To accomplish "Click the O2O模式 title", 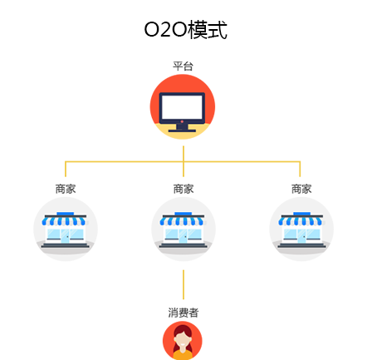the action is pos(185,30).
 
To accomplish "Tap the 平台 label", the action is pos(183,67).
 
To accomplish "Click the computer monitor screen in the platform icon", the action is pos(182,106).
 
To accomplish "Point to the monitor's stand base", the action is pos(182,131).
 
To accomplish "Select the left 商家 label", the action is pos(66,189).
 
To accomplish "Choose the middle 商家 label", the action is pos(183,189).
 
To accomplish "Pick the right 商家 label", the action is pos(301,189).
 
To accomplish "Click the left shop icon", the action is pos(66,229).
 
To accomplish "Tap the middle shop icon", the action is pos(183,229).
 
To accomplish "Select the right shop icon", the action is pos(301,229).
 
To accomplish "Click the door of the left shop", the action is pos(65,236).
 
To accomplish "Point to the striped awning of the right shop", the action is pos(301,221).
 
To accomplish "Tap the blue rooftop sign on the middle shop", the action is pos(183,214).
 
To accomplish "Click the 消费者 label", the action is pos(183,313).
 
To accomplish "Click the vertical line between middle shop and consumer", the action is pos(183,284).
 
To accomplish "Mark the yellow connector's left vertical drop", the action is pos(66,169).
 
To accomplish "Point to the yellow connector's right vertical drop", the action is pos(300,169).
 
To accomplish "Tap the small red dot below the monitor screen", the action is pos(182,121).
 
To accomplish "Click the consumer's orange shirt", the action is pos(183,354).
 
